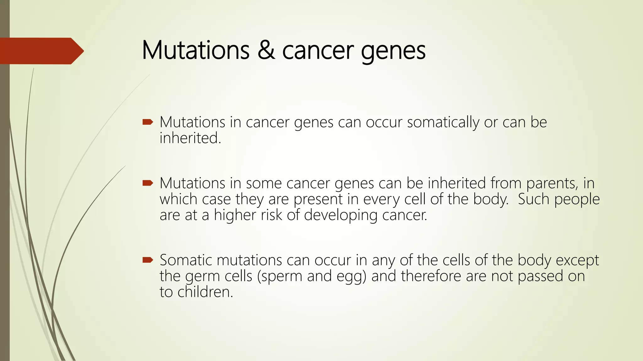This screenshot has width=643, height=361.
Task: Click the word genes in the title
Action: point(393,52)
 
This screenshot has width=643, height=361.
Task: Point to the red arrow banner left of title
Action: point(41,51)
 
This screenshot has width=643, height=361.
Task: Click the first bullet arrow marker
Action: point(148,122)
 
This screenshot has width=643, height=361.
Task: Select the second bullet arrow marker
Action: point(148,183)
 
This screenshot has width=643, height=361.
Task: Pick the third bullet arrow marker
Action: point(148,260)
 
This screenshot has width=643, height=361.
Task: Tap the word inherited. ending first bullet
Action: point(190,138)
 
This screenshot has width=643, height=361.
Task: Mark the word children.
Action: point(205,292)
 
